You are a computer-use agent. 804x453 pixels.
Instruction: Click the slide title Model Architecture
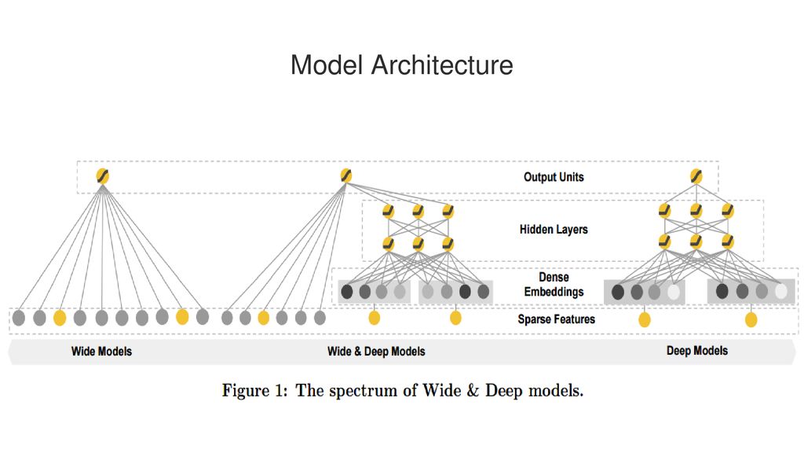click(401, 65)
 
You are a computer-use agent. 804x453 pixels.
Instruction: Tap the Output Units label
click(554, 177)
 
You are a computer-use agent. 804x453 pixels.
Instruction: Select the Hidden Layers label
click(554, 230)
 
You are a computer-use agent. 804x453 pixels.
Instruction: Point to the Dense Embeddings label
click(554, 285)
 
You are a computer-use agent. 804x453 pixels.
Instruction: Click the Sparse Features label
click(557, 319)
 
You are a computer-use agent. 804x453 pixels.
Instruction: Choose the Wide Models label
click(101, 352)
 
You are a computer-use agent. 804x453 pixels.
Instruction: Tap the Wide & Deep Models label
click(376, 352)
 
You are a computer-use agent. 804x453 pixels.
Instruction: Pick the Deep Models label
click(697, 351)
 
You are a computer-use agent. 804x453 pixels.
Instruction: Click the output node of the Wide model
click(103, 176)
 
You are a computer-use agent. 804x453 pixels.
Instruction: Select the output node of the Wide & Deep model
click(346, 175)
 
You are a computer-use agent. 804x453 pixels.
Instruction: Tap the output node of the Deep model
click(696, 177)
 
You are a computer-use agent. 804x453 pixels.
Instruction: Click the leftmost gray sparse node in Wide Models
click(19, 318)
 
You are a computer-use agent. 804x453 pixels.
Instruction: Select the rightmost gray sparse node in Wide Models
click(203, 316)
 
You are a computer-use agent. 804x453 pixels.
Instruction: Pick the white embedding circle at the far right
click(781, 292)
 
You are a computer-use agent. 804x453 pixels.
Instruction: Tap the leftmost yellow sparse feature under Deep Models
click(645, 319)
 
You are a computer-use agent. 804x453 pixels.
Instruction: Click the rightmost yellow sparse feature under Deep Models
click(751, 319)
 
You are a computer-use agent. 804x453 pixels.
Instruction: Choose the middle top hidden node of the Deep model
click(696, 211)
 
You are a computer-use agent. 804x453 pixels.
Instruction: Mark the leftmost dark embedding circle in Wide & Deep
click(347, 292)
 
